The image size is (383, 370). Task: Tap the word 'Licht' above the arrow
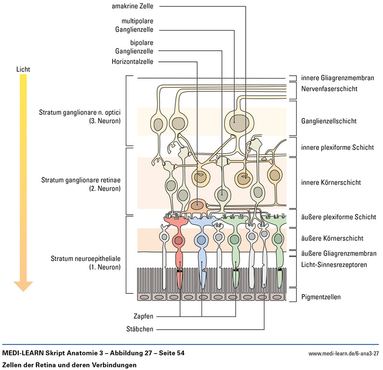point(23,69)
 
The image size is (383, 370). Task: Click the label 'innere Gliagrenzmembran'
point(337,78)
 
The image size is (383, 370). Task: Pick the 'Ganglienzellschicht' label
point(328,121)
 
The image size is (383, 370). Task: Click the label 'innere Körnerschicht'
point(330,183)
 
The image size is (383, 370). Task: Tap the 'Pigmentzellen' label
point(321,297)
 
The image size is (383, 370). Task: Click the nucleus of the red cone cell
point(179,240)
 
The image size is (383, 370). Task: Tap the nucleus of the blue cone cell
point(201,240)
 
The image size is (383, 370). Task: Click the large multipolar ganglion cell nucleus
point(238,121)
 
